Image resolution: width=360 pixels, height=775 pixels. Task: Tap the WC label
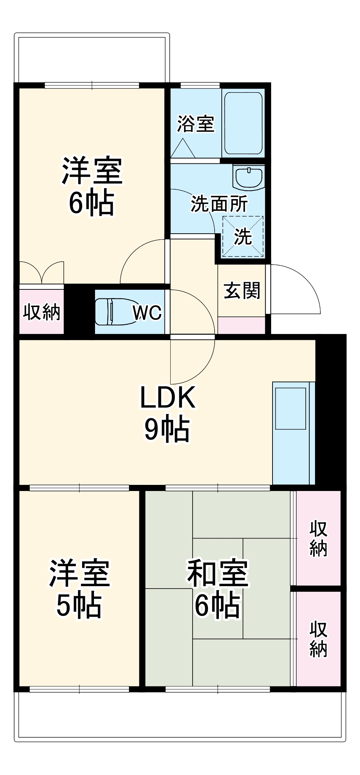pos(147,312)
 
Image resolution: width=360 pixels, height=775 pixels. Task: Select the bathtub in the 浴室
pos(243,123)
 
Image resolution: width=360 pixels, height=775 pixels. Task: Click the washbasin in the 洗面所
pos(249,177)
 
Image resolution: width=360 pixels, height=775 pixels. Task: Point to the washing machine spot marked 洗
pos(243,236)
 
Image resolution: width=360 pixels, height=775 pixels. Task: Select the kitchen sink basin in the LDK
pos(291,408)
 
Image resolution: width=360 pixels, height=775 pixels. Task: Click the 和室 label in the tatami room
pos(217,573)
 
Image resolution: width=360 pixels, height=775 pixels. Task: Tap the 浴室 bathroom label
pos(195,124)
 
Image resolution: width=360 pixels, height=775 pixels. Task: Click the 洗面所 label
pos(219,204)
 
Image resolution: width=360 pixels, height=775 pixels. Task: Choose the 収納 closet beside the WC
pos(41,312)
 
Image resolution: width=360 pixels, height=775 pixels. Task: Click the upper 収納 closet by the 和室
pos(318,538)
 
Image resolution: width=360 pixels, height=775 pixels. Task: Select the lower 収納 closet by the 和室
pos(318,639)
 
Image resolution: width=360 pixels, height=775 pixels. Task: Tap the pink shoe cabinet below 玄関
pos(242,325)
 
